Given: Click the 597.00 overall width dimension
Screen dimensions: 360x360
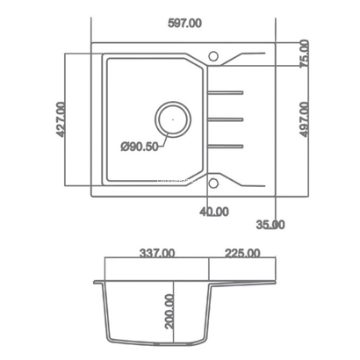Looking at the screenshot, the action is click(184, 23).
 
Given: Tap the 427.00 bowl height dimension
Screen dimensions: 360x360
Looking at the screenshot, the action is click(61, 119).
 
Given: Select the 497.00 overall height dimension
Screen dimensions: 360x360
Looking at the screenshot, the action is click(305, 119).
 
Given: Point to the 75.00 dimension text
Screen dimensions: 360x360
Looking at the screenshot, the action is click(305, 54).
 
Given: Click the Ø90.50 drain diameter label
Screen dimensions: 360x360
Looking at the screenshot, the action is click(140, 147).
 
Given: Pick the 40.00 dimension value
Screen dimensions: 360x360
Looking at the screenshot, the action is click(214, 212).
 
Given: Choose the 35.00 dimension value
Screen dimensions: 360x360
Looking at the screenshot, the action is click(270, 225).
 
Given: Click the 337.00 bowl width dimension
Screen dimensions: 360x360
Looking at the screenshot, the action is click(157, 253).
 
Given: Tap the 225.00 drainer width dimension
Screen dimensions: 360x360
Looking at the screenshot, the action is click(242, 253).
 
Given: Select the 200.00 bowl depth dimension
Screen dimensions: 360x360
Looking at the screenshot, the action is click(169, 312).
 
